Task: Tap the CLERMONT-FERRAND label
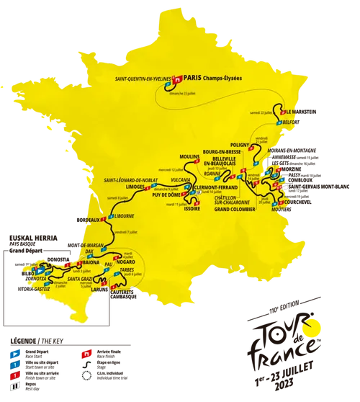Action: click(x=212, y=188)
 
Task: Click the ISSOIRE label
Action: click(x=192, y=208)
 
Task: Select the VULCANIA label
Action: click(x=179, y=179)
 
